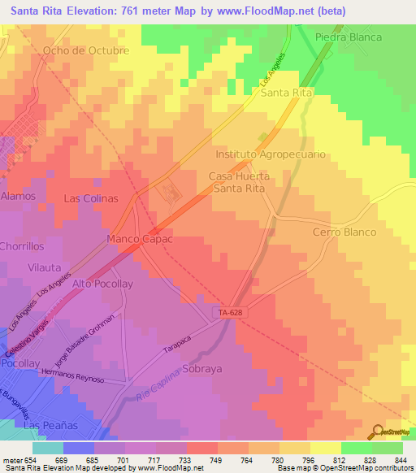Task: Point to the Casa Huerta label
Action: [238, 176]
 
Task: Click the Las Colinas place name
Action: [91, 198]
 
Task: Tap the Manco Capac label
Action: [141, 240]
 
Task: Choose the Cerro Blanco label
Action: [344, 232]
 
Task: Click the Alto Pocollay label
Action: [102, 284]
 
